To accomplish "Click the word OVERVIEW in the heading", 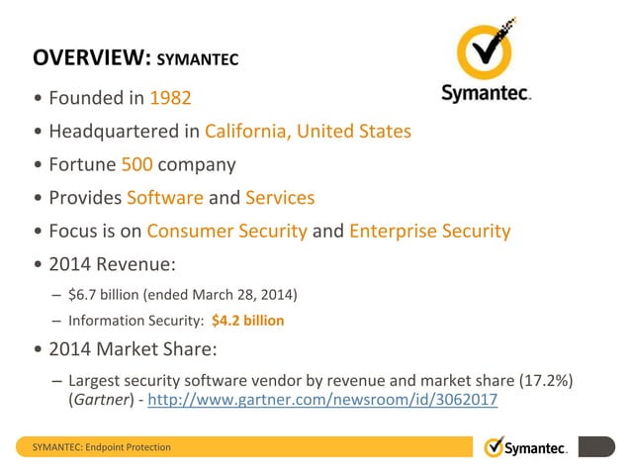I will (87, 57).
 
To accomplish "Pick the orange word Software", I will (165, 197).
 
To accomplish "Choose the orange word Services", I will (280, 197).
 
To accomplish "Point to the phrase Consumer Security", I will (226, 231).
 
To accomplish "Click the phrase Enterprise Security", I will (429, 231).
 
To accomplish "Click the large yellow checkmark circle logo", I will (485, 49).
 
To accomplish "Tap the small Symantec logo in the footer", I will (526, 447).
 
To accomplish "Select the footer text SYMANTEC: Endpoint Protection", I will (103, 447).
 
